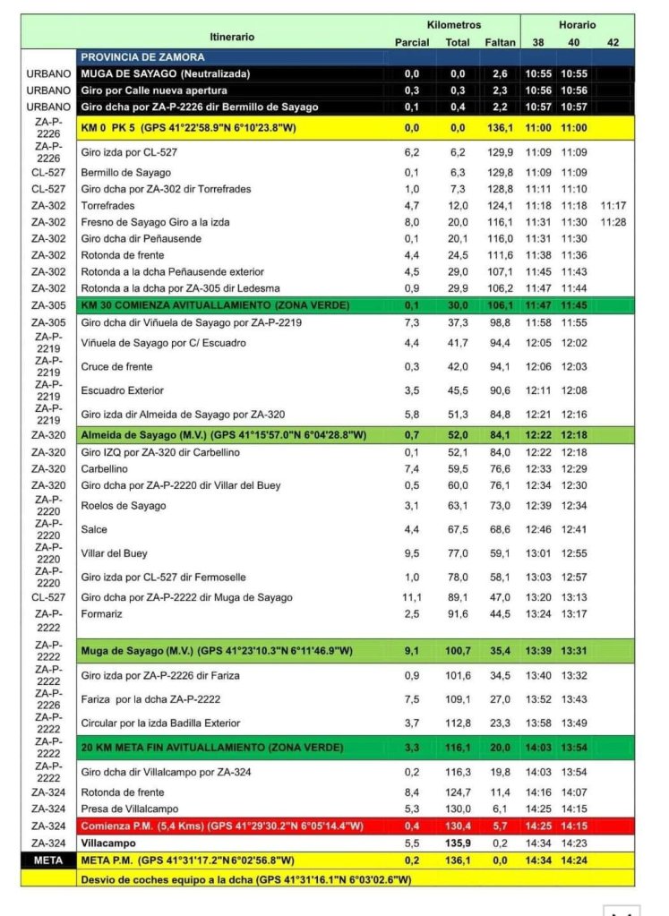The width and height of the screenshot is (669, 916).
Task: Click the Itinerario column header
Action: (232, 37)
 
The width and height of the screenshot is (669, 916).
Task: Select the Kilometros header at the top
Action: (454, 25)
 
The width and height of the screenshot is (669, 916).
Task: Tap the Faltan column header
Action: (499, 42)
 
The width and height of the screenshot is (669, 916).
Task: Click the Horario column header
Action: (577, 25)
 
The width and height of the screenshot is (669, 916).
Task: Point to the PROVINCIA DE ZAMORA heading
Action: (142, 56)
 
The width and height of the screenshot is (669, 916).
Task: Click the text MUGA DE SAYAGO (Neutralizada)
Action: (166, 73)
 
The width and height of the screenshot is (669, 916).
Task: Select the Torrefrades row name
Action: (107, 205)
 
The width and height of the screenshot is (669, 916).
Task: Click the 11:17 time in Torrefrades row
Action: (613, 205)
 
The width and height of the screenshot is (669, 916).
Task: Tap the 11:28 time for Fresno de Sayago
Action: (613, 222)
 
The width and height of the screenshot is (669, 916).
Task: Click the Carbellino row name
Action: (104, 468)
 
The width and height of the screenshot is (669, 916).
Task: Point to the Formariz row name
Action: (101, 613)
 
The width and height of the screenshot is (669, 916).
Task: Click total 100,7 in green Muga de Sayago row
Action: (458, 650)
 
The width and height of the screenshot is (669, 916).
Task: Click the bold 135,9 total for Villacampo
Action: (458, 843)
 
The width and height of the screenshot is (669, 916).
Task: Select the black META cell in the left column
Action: (48, 860)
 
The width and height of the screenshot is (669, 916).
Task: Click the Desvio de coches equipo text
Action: (245, 877)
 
